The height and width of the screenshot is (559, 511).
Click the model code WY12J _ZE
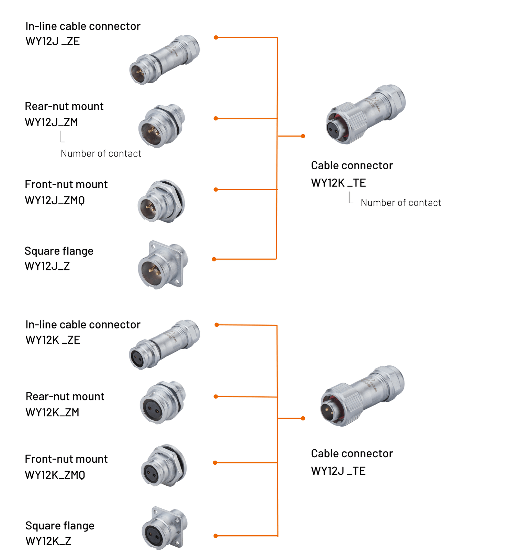click(x=53, y=41)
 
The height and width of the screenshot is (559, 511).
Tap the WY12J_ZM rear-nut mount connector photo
click(x=162, y=126)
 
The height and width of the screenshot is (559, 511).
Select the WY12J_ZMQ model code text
click(x=55, y=200)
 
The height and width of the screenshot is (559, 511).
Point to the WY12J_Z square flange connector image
click(x=163, y=265)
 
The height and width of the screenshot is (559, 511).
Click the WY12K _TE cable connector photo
click(x=366, y=114)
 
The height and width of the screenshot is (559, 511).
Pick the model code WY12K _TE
click(x=338, y=183)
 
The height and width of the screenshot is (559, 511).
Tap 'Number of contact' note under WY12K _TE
click(x=401, y=203)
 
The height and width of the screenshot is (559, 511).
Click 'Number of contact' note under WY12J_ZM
click(x=101, y=153)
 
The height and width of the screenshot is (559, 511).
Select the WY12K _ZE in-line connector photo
click(x=164, y=344)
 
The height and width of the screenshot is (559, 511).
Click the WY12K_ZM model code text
click(x=52, y=412)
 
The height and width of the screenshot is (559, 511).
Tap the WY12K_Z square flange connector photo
click(x=165, y=528)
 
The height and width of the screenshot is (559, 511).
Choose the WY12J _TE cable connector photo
click(x=362, y=396)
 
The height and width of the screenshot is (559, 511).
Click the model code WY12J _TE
click(x=338, y=471)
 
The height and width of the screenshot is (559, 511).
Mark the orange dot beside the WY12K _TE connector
click(x=303, y=136)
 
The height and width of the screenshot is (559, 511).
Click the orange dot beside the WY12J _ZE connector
click(x=216, y=37)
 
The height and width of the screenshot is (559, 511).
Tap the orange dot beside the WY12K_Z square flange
click(x=215, y=536)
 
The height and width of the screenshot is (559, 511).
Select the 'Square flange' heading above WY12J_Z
click(x=59, y=251)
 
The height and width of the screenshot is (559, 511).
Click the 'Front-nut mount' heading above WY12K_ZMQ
click(x=66, y=459)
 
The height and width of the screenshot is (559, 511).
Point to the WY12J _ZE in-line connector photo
click(x=165, y=60)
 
